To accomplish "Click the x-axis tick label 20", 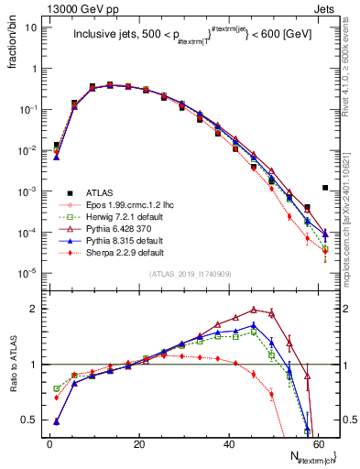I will coord(138,444).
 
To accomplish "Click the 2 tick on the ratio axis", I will coord(35,309).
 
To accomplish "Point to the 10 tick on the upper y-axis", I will coord(31,27).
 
